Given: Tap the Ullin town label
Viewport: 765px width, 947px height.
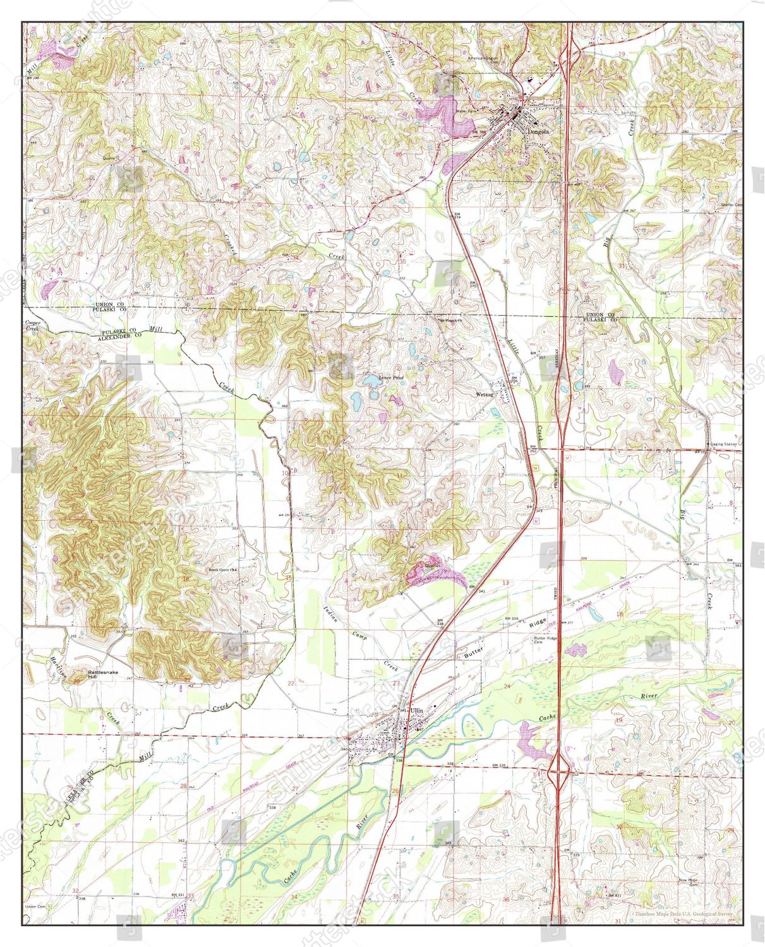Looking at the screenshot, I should pyautogui.click(x=416, y=710).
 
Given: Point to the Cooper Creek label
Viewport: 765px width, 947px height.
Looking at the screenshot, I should pyautogui.click(x=32, y=326).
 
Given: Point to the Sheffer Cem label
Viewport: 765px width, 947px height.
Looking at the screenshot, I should pyautogui.click(x=732, y=205).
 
